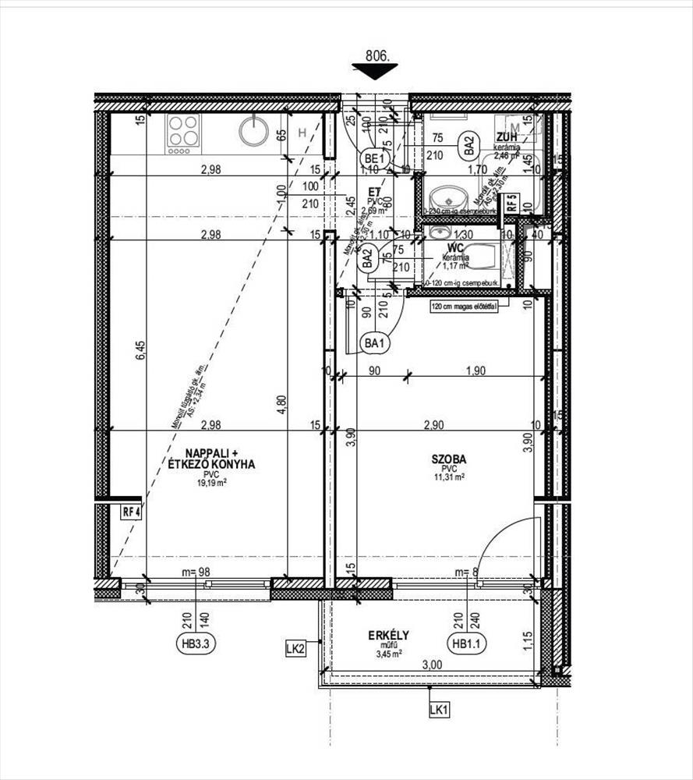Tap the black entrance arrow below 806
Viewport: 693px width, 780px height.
pos(375,72)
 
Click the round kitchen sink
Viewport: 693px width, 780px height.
pos(253,130)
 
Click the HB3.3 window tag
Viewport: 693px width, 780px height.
pos(196,643)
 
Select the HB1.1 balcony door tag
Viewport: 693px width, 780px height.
pos(467,643)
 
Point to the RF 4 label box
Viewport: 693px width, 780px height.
pos(130,512)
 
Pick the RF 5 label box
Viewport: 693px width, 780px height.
pos(511,204)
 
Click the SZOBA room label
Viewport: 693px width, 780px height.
pos(450,459)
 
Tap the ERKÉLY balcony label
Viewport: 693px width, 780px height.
pos(389,635)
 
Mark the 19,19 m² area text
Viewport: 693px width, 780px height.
pos(210,483)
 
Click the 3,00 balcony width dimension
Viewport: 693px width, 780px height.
pos(432,665)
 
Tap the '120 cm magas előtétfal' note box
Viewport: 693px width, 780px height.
pos(463,307)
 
